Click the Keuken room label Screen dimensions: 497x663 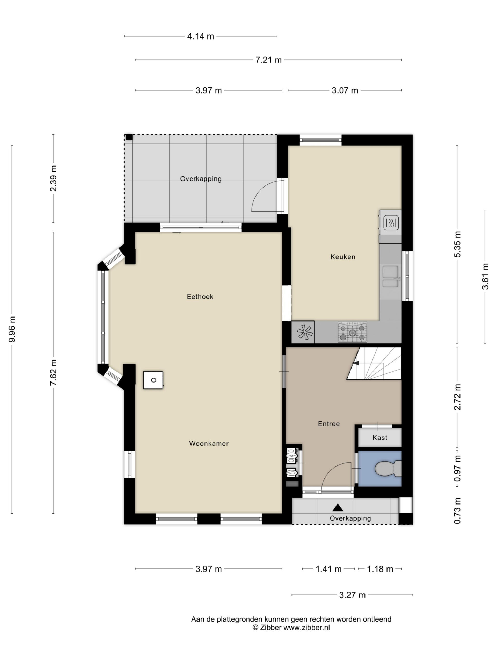click(343, 257)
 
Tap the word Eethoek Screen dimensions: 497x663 click(200, 297)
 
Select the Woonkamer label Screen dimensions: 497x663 click(209, 443)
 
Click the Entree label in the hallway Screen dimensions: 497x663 click(329, 423)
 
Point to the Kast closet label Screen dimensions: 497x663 click(380, 438)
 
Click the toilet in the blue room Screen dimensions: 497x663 click(388, 469)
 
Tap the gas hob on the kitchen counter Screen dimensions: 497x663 click(353, 332)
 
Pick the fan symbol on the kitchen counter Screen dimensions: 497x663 click(305, 332)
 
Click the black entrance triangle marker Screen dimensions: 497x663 click(338, 507)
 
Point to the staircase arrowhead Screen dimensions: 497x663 click(355, 363)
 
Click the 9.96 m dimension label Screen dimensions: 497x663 click(12, 329)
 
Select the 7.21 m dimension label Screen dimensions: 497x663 click(268, 60)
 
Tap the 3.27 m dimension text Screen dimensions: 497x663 click(352, 595)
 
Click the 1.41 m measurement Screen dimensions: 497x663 click(329, 569)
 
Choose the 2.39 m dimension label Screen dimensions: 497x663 click(53, 178)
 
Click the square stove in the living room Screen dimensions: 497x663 click(153, 380)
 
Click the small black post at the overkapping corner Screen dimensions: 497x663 click(129, 137)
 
